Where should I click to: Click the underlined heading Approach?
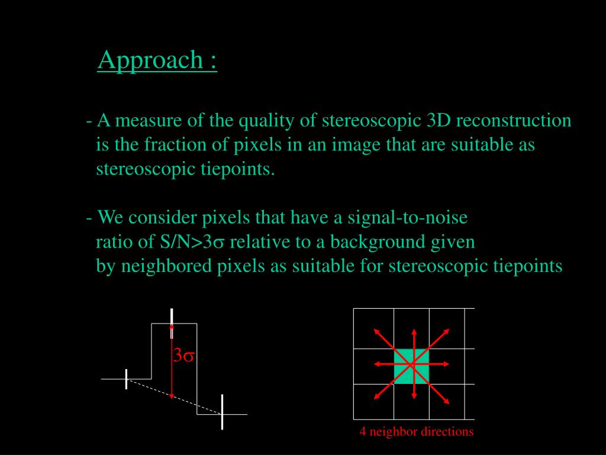157,60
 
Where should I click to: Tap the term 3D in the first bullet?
439,121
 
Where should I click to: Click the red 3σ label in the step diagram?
184,356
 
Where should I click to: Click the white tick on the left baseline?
126,379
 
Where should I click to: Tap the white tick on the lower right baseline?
222,412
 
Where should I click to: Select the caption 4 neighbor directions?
417,432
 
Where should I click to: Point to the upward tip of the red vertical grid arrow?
414,330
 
